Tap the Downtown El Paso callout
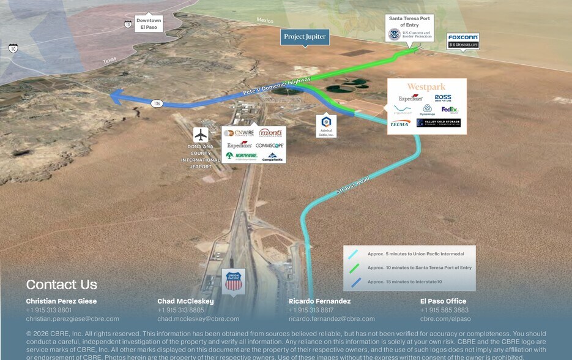(x=149, y=24)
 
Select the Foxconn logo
(x=463, y=37)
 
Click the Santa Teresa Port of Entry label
(x=410, y=21)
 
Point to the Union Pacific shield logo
(x=233, y=281)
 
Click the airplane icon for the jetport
(x=201, y=135)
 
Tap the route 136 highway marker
(x=157, y=103)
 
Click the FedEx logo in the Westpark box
(x=450, y=110)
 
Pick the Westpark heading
(x=426, y=87)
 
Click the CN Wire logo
(x=239, y=133)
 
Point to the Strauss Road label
(x=353, y=186)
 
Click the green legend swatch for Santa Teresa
(x=354, y=268)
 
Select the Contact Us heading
(x=61, y=284)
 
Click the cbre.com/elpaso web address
(x=445, y=319)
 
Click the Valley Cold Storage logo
(x=438, y=122)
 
